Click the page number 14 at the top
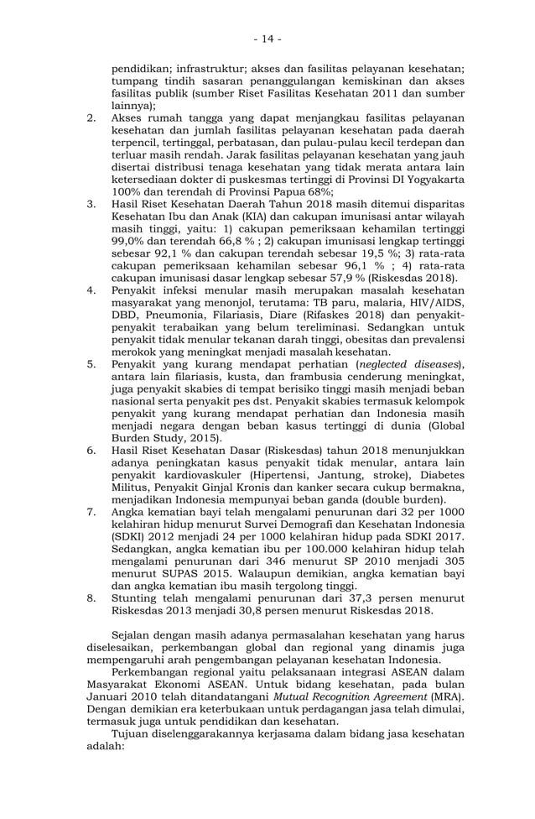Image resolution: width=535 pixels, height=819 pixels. click(x=268, y=39)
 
